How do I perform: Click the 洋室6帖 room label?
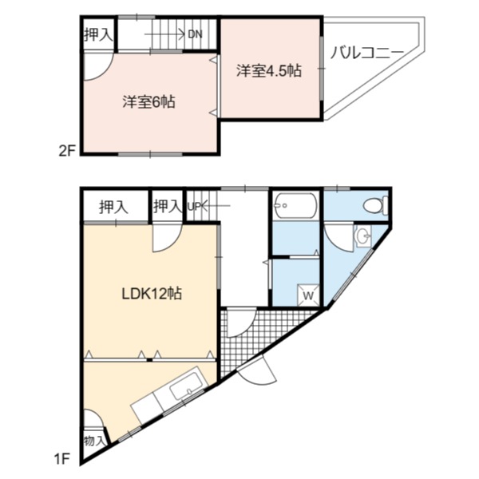pos(148,101)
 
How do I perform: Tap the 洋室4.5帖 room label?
pos(269,70)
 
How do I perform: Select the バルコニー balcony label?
pos(367,53)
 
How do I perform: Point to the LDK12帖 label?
pos(152,294)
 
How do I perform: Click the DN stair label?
pos(195,34)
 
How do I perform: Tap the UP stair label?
pos(195,207)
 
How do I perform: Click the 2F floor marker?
pos(67,151)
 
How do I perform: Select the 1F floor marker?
pos(62,458)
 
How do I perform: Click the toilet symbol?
pos(376,205)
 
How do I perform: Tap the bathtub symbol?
pos(295,205)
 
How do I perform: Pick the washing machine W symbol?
pos(308,295)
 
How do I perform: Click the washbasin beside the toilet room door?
pos(363,236)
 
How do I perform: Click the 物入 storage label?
pos(93,441)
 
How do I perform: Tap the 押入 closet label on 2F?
pos(98,34)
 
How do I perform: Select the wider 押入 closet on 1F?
pos(113,207)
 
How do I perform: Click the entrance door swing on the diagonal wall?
pos(259,370)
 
